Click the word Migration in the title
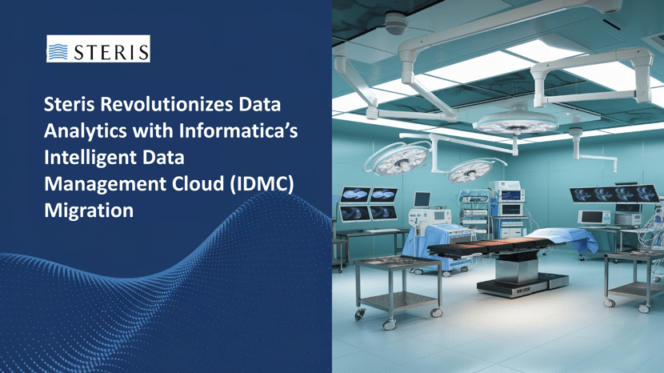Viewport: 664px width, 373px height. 88,210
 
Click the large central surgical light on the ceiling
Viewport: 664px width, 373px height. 516,120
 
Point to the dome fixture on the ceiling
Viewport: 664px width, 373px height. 395,23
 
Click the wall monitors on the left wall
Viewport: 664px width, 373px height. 357,203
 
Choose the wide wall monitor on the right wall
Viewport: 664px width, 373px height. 615,194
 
